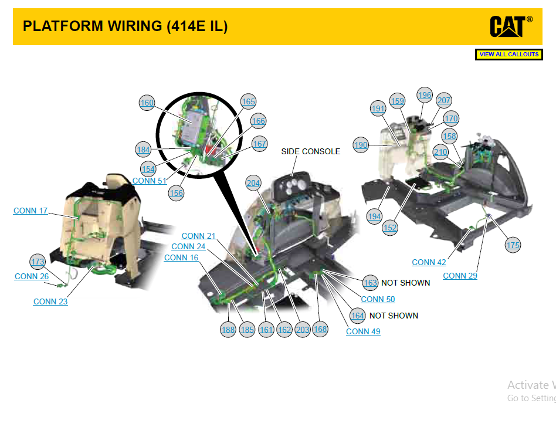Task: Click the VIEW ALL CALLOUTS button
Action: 509,55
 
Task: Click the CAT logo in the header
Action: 511,26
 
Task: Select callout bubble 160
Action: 147,103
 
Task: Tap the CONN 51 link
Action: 150,181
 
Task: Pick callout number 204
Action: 253,183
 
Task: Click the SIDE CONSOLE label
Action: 311,151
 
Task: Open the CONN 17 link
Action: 30,211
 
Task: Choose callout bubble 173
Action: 38,262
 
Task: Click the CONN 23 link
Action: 50,301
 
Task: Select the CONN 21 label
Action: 199,236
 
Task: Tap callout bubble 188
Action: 228,330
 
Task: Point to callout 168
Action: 320,329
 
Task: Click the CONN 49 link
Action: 363,331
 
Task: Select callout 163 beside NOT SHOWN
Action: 370,283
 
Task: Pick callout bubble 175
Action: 513,245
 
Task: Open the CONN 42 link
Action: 429,262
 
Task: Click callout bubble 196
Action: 425,95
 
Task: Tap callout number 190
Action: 361,145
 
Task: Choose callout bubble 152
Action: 390,228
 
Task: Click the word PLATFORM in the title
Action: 63,26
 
